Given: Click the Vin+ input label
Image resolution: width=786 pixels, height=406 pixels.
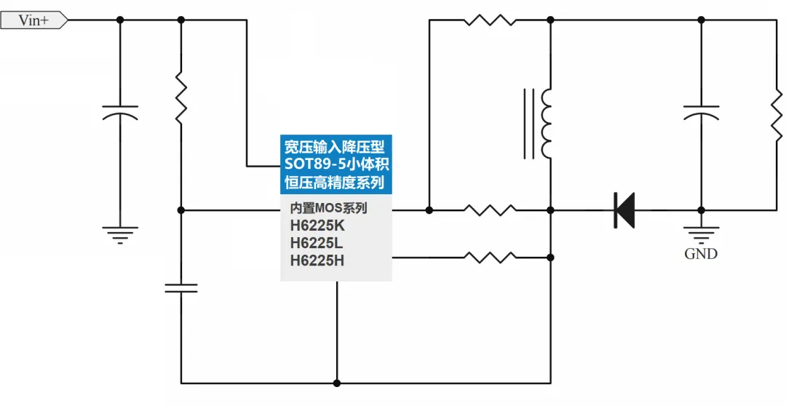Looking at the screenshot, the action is (34, 20).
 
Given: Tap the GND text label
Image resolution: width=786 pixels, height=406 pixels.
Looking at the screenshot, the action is (701, 254).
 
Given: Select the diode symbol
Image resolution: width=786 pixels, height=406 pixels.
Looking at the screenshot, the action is (624, 210).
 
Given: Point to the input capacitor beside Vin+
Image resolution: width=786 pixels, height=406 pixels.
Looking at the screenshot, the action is (120, 113).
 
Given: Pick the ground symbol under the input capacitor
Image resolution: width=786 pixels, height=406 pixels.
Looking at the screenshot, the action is (120, 235).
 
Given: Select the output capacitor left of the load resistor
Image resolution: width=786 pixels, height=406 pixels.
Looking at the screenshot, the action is (702, 113).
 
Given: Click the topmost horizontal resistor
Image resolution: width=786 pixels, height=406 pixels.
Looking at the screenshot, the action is (490, 20).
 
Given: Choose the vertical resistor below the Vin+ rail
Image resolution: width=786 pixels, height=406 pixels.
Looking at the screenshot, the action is (181, 97).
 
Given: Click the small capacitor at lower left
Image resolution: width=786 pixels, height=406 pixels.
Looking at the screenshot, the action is (181, 287).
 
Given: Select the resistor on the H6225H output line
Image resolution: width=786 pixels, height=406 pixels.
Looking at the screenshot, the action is (490, 258).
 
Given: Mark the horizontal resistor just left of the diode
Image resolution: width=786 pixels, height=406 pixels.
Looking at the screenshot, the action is (490, 210).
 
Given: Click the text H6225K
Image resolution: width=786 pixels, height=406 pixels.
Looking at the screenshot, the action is (317, 226).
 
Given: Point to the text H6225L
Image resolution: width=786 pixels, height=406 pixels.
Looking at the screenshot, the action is (317, 244).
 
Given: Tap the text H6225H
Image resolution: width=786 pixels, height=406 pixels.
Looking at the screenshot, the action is (317, 261).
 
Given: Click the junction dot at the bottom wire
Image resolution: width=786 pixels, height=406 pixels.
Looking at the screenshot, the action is (337, 383).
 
